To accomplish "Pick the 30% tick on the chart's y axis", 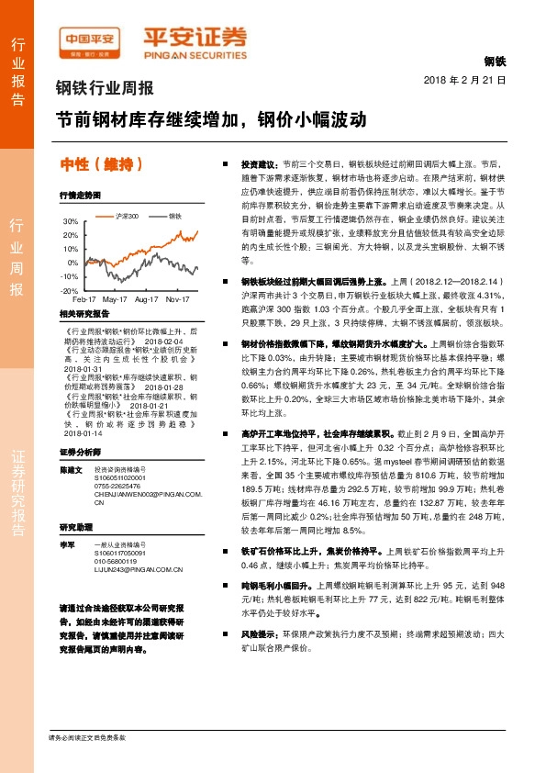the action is (71, 221).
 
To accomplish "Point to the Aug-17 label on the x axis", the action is (146, 299).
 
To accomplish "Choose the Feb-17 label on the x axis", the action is (84, 299).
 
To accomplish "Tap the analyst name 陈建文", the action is (71, 469).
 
